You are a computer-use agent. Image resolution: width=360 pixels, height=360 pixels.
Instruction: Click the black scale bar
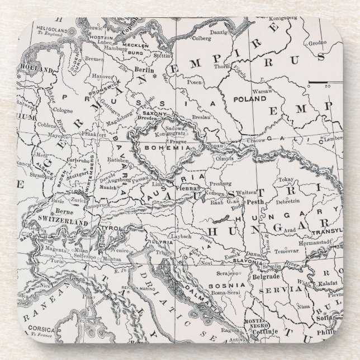click(320, 84)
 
